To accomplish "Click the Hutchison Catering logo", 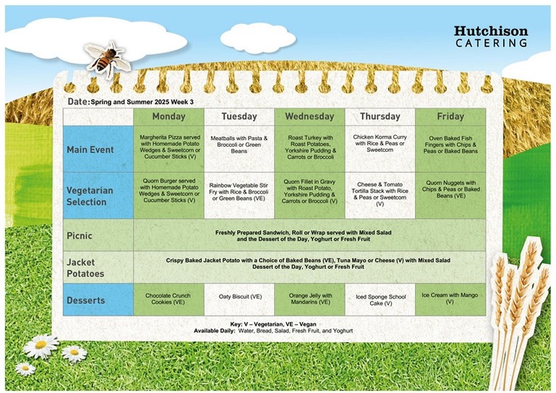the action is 491,36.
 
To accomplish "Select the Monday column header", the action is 169,116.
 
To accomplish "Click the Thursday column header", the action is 380,116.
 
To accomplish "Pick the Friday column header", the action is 451,116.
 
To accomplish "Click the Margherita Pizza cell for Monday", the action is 169,149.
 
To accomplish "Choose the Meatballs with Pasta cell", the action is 239,149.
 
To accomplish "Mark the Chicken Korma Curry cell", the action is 380,149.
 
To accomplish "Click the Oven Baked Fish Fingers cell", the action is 451,149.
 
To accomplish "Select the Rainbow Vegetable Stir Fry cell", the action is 239,195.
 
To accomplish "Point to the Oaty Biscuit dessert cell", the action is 239,300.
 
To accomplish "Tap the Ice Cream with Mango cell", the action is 451,300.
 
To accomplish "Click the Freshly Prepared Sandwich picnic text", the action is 303,235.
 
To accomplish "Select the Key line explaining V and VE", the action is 273,324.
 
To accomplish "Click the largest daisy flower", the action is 41,346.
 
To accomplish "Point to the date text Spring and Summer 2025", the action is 130,102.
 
